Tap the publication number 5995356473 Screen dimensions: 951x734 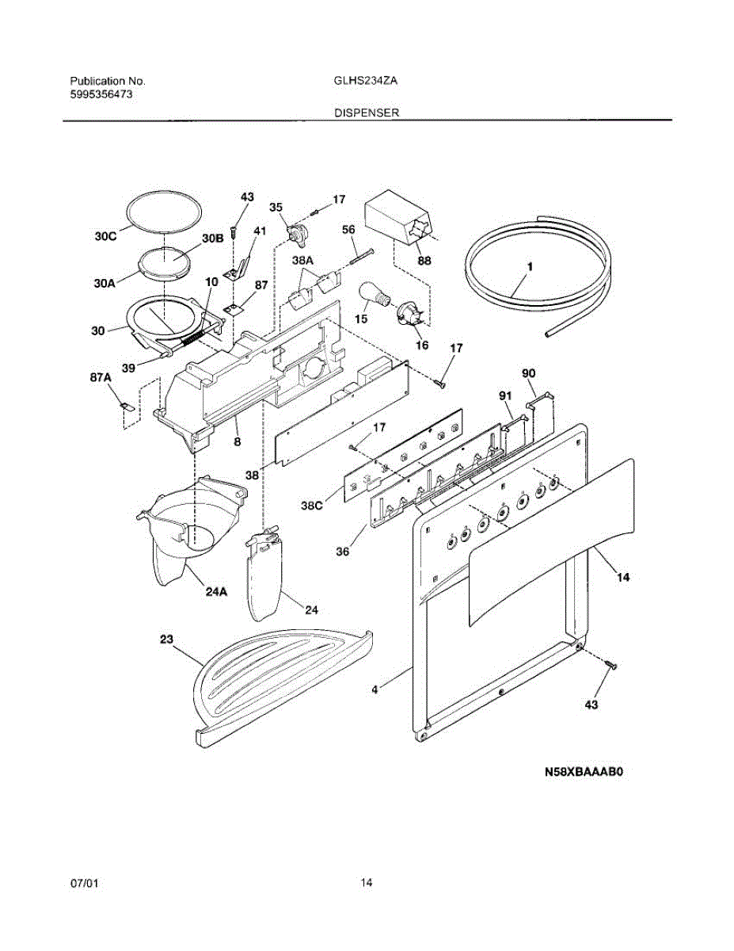(101, 94)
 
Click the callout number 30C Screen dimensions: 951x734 (107, 235)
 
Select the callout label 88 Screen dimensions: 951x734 (424, 261)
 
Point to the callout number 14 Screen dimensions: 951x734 (622, 578)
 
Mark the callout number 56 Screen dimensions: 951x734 (348, 229)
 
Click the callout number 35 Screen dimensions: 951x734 (276, 208)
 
